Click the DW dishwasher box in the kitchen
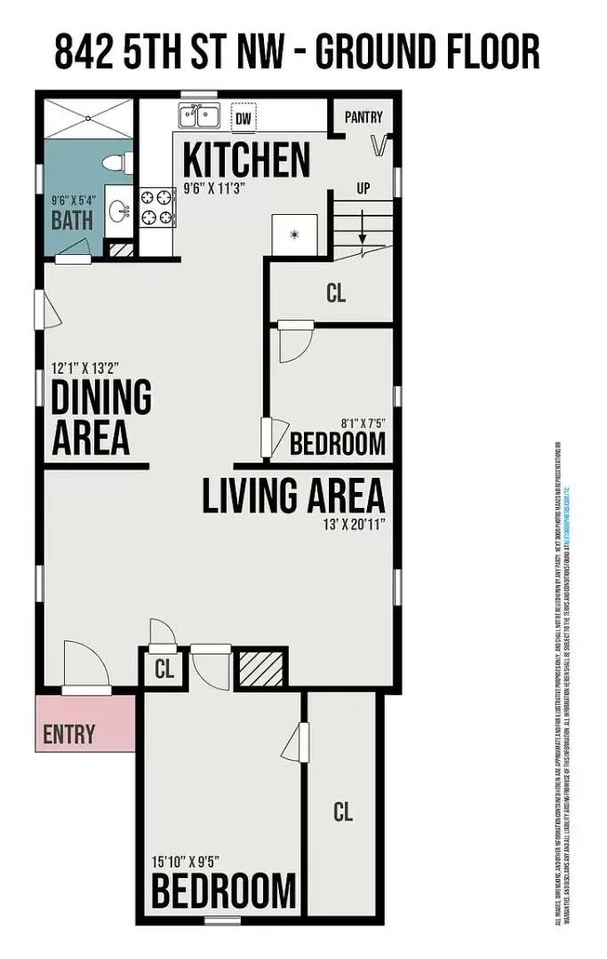(x=243, y=117)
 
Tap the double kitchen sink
(x=201, y=116)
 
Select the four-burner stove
(x=156, y=207)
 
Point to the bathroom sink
(x=117, y=210)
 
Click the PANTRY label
(x=363, y=116)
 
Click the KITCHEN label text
(x=246, y=160)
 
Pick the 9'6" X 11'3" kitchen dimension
(x=213, y=188)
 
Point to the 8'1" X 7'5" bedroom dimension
(x=363, y=424)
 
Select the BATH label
(x=72, y=221)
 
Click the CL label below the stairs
(x=335, y=293)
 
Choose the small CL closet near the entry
(x=164, y=669)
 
